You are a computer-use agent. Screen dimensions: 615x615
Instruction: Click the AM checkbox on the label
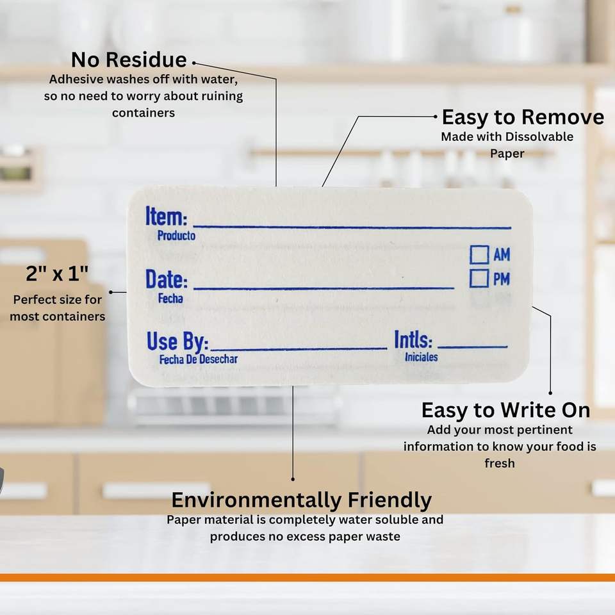pos(479,254)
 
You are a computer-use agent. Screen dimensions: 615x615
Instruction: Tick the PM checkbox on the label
pos(479,279)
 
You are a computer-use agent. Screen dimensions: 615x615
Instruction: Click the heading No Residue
pos(129,60)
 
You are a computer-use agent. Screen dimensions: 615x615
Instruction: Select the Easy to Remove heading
pos(523,117)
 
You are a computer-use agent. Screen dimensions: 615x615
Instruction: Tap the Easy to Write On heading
pos(506,410)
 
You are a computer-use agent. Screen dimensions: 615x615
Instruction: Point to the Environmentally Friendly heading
pos(302,500)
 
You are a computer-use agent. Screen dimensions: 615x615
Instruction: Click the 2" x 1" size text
pos(57,274)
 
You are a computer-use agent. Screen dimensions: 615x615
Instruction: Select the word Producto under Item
pos(177,235)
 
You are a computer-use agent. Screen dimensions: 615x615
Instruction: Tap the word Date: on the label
pos(167,279)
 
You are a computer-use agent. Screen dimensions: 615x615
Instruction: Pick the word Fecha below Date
pos(170,299)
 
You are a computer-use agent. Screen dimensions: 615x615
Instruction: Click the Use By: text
pos(177,341)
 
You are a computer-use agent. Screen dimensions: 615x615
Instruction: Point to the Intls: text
pos(413,340)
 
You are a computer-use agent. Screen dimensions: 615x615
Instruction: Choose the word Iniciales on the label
pos(422,357)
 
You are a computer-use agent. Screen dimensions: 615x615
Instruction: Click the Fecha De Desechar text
pos(199,359)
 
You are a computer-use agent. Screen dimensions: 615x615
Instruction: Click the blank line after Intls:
pos(473,347)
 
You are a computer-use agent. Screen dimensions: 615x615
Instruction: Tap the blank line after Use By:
pos(299,348)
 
